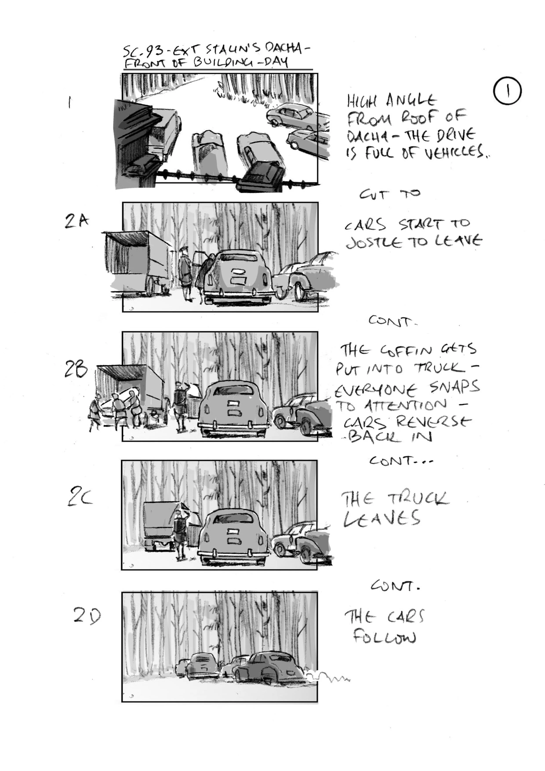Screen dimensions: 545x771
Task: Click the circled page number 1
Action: (x=507, y=91)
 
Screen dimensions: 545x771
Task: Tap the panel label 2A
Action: (x=77, y=222)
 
